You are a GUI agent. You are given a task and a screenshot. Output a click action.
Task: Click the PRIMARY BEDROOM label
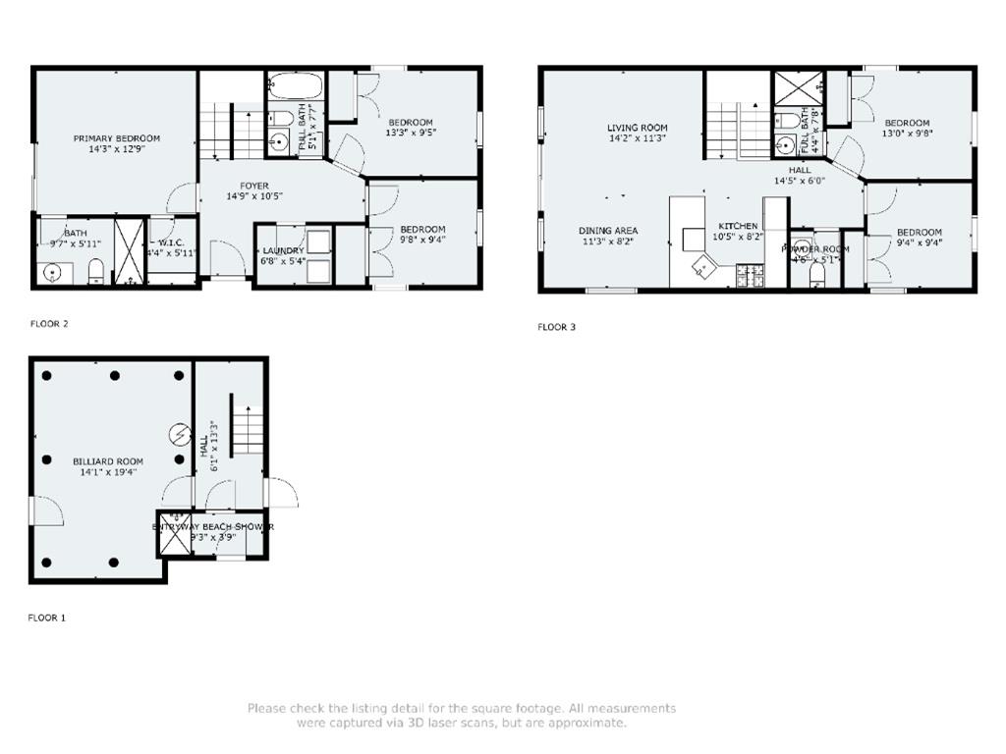click(x=116, y=138)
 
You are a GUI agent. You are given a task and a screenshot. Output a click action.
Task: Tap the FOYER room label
click(x=226, y=186)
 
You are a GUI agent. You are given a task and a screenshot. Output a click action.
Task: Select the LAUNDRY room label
click(x=282, y=250)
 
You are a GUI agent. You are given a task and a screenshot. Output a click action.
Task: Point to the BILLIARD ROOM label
click(x=108, y=461)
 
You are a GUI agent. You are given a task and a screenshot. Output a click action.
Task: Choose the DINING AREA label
click(x=607, y=231)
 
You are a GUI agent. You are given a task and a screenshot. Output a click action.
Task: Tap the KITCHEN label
click(x=737, y=226)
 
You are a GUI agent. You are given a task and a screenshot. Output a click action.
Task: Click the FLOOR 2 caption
click(x=49, y=323)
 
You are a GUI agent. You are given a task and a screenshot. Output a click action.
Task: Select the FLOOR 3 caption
click(x=556, y=327)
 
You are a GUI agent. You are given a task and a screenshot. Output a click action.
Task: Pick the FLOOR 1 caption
click(x=46, y=619)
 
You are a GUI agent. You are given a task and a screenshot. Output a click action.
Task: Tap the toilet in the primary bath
click(x=96, y=270)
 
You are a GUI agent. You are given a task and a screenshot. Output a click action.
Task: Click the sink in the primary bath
click(x=51, y=271)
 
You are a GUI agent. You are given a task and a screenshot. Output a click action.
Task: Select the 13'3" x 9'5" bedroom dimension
click(x=410, y=135)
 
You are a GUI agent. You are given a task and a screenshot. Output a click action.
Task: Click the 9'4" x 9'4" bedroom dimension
click(x=919, y=244)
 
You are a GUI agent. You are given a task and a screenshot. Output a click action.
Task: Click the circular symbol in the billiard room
click(x=180, y=432)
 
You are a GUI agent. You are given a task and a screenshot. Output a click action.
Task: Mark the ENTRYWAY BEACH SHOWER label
click(x=212, y=527)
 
